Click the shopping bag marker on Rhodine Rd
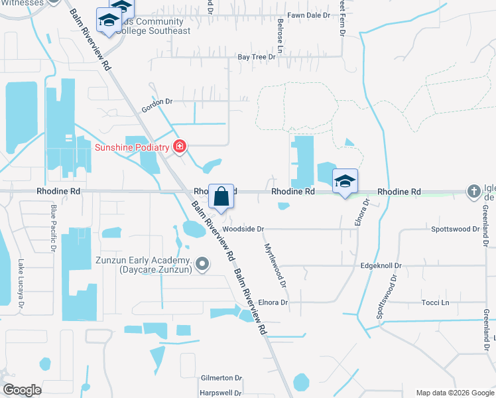tap(221, 197)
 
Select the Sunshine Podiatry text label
tap(132, 147)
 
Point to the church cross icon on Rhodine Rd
tap(473, 192)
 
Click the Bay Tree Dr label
tap(257, 57)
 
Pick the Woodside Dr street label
tap(243, 229)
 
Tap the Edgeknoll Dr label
tap(381, 265)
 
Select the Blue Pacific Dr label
tap(53, 228)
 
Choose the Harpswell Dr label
tap(218, 393)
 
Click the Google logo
tap(22, 390)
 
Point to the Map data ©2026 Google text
tap(454, 393)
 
